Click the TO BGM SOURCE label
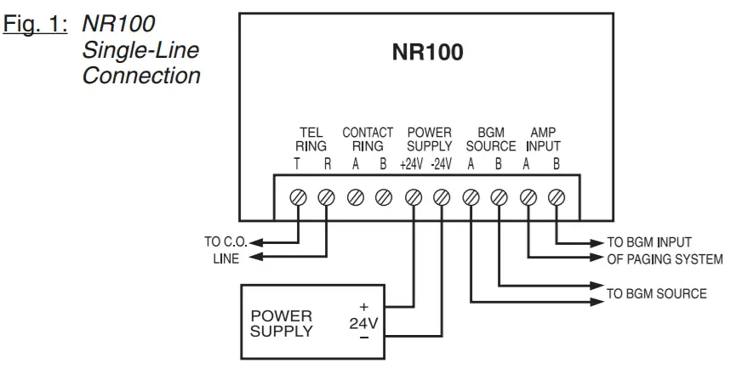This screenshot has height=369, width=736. (655, 294)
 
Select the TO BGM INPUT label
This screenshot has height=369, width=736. (651, 243)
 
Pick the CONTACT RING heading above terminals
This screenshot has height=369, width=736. (368, 139)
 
